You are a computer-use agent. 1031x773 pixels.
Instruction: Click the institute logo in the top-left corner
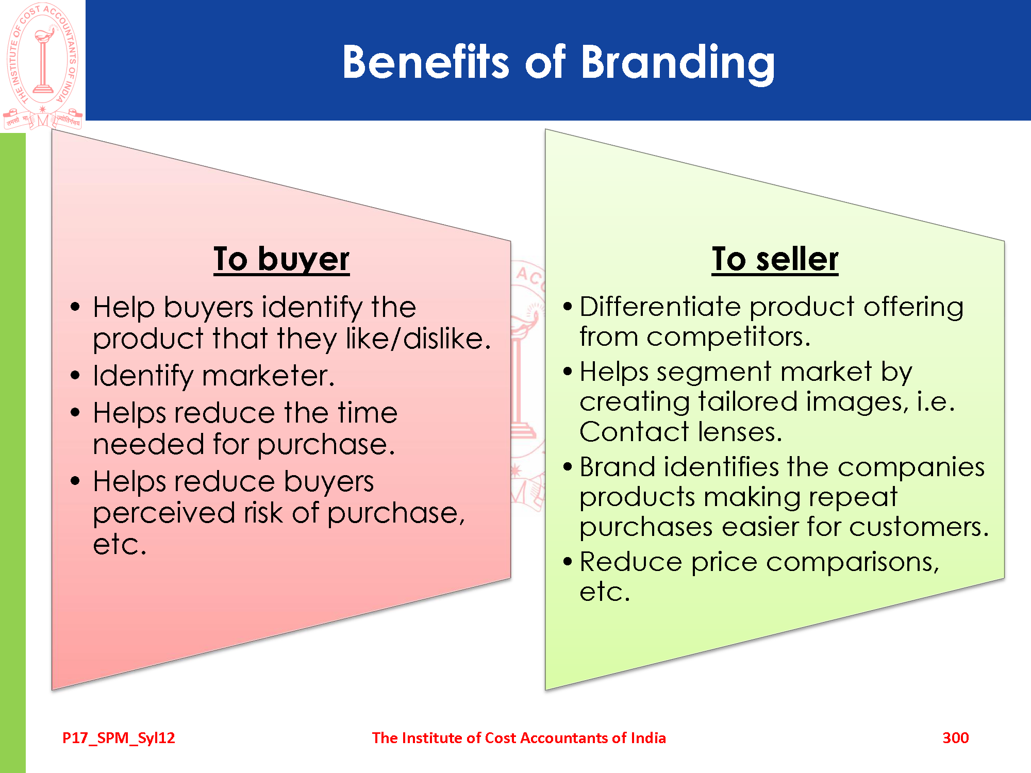pos(43,65)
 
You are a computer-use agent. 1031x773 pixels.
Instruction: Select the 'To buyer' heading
pos(281,259)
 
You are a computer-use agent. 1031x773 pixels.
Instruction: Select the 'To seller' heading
pos(775,259)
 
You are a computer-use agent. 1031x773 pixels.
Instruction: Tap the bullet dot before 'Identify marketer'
pos(75,375)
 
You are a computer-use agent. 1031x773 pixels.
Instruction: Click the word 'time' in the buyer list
pos(368,413)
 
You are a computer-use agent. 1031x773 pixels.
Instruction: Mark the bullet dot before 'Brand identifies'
pos(568,467)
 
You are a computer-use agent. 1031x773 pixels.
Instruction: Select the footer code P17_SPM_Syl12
pos(119,738)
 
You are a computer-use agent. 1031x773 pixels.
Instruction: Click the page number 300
pos(956,737)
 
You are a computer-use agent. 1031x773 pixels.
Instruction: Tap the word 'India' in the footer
pos(648,737)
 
